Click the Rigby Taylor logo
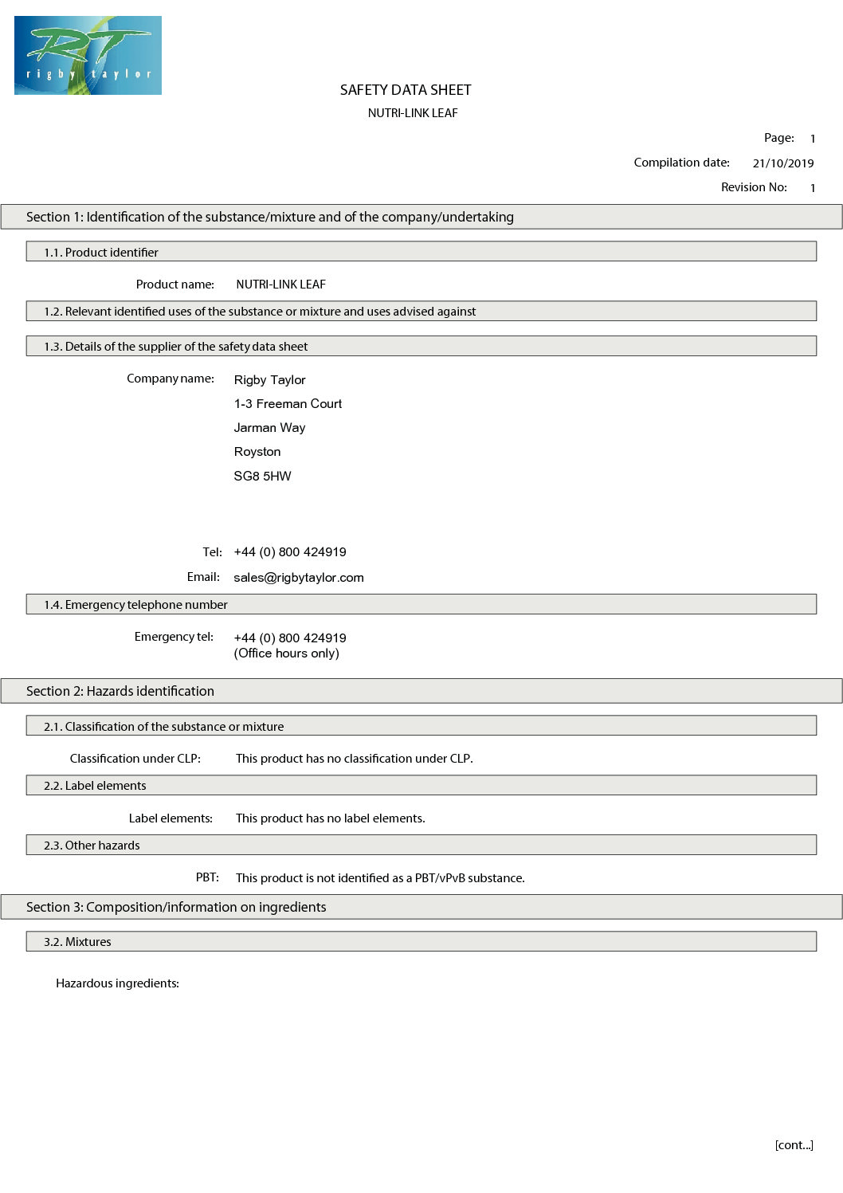click(x=88, y=55)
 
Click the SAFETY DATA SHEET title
click(x=406, y=90)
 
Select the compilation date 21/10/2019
click(x=782, y=163)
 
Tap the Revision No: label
click(x=754, y=187)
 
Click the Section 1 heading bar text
click(x=269, y=217)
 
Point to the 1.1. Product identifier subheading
click(x=101, y=253)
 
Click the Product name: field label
click(x=174, y=285)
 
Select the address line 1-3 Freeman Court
click(x=288, y=404)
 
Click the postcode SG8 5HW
click(x=262, y=476)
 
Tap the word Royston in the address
click(x=257, y=452)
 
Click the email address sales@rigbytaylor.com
click(x=298, y=578)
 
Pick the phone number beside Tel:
click(x=290, y=552)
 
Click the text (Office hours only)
click(x=286, y=653)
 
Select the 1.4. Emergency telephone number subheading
click(x=135, y=605)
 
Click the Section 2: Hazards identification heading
click(x=120, y=691)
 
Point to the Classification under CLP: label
click(x=135, y=759)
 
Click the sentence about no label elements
click(x=330, y=818)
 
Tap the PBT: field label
click(x=207, y=877)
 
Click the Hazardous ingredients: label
click(x=117, y=983)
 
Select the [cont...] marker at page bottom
click(x=794, y=1145)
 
